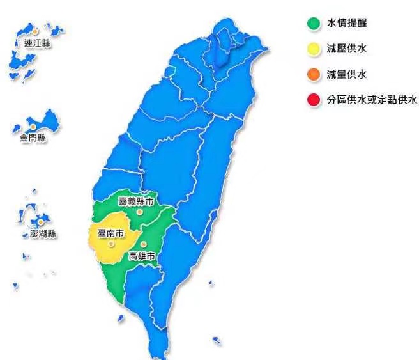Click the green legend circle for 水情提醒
click(x=313, y=24)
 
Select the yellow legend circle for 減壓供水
click(x=313, y=49)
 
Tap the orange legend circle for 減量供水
click(x=313, y=75)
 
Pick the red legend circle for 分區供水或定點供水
click(x=313, y=100)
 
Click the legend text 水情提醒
click(x=347, y=24)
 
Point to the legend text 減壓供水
click(x=347, y=49)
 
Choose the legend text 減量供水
click(x=347, y=75)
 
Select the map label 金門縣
click(x=33, y=138)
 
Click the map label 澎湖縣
click(x=43, y=234)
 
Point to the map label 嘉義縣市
click(x=136, y=201)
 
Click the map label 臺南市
click(x=110, y=233)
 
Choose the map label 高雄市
click(x=142, y=256)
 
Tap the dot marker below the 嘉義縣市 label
click(x=139, y=211)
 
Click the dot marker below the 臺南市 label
click(x=111, y=243)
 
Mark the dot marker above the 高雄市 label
click(x=144, y=245)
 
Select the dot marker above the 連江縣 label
click(x=36, y=31)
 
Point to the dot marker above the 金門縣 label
click(x=33, y=127)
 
